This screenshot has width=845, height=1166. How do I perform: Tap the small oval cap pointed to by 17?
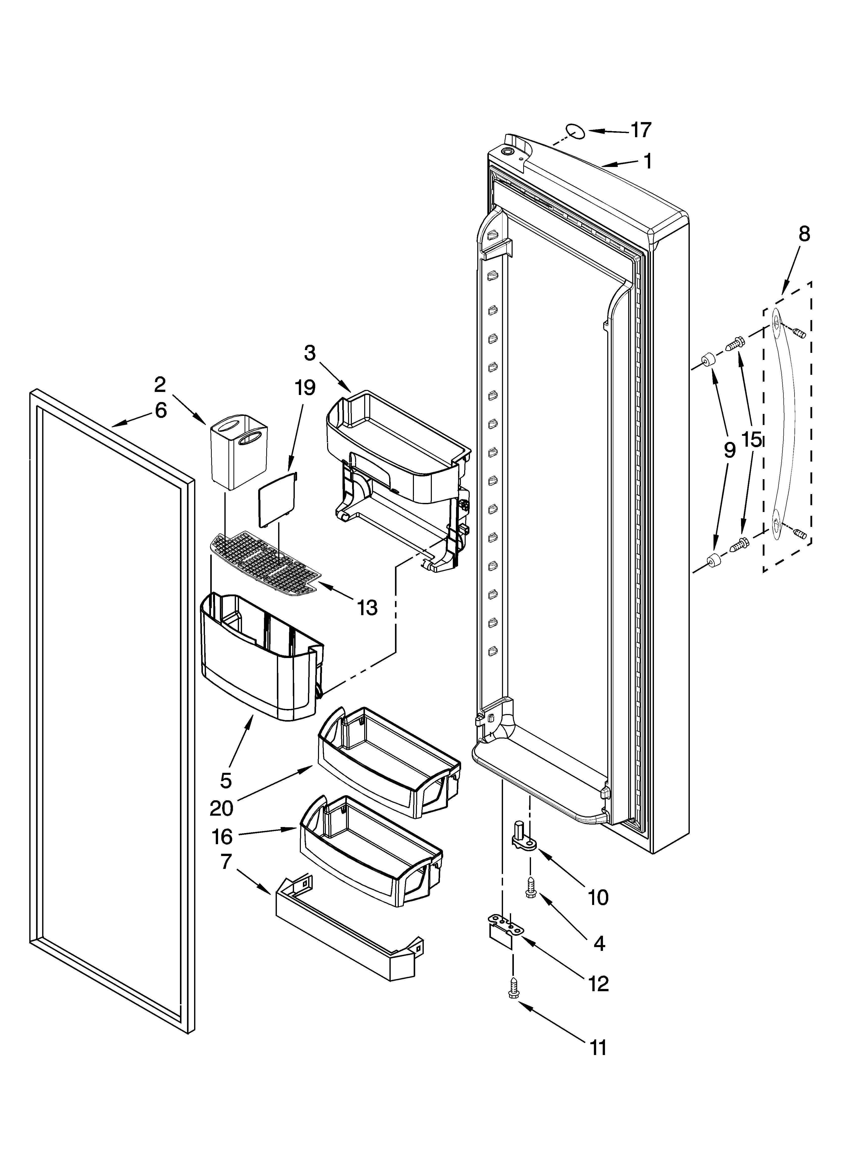tap(575, 131)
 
